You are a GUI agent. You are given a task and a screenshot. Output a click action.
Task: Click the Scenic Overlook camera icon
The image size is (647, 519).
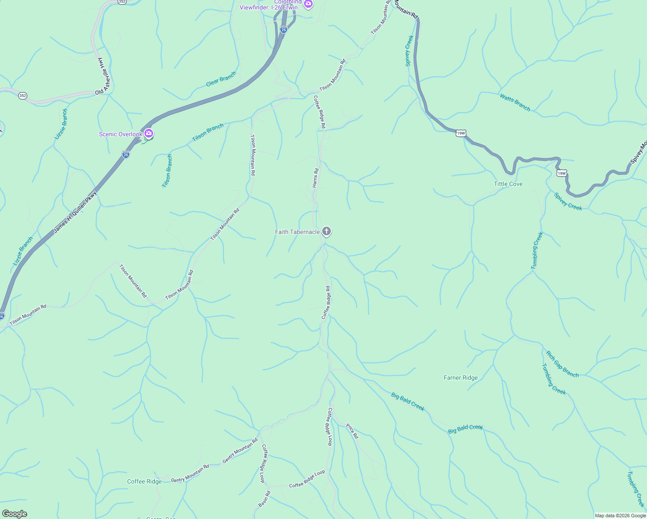coord(149,133)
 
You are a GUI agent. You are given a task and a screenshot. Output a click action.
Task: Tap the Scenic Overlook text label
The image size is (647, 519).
coord(121,134)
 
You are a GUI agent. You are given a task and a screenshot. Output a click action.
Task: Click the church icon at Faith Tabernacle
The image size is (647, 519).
coord(327,231)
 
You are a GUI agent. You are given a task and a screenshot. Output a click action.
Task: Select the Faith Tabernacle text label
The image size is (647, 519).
coord(298,232)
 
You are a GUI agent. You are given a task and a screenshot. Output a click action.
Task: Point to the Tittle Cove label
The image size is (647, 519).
coord(508,184)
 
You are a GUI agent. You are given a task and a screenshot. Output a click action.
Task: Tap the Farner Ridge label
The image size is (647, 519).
coord(461,378)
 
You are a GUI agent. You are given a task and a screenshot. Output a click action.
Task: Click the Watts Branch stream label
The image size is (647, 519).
coord(515,103)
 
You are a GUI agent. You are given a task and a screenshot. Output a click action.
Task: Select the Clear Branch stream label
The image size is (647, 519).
coord(221,79)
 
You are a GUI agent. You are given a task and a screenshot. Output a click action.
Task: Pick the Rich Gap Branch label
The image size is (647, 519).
coord(562,364)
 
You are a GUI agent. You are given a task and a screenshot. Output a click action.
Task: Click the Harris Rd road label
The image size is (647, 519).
coord(315,178)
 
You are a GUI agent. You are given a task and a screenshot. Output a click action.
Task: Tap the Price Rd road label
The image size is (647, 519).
coord(352,431)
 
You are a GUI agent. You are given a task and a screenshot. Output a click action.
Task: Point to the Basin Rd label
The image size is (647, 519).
coord(264,499)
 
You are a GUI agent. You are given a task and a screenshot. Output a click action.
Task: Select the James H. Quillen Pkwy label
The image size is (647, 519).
coord(75,212)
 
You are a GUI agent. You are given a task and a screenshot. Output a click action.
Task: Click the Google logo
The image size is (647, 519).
coord(14,514)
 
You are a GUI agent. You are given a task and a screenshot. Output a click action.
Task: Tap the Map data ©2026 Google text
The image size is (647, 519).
coord(620,516)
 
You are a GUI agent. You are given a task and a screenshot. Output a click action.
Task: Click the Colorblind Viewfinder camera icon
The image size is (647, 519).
coord(308,4)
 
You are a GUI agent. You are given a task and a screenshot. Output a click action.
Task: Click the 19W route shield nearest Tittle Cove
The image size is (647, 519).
coord(561,173)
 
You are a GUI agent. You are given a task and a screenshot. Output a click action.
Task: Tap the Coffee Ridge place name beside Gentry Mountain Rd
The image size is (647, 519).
coord(144,481)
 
